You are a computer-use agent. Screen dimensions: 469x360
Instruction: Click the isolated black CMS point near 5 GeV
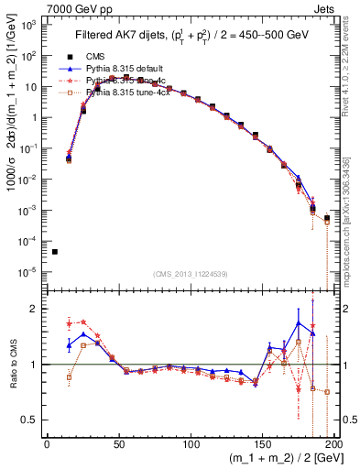(x=55, y=252)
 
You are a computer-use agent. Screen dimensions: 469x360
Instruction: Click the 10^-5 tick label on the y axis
(x=29, y=271)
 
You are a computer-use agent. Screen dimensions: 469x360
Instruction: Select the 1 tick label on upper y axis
(x=37, y=117)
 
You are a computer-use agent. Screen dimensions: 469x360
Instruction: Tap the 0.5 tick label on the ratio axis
(x=32, y=420)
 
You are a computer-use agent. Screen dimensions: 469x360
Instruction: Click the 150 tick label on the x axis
(x=263, y=446)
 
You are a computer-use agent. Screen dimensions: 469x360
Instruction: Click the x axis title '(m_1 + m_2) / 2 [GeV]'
(x=277, y=461)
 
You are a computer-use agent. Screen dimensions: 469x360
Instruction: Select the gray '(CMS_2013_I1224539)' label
(x=191, y=274)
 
